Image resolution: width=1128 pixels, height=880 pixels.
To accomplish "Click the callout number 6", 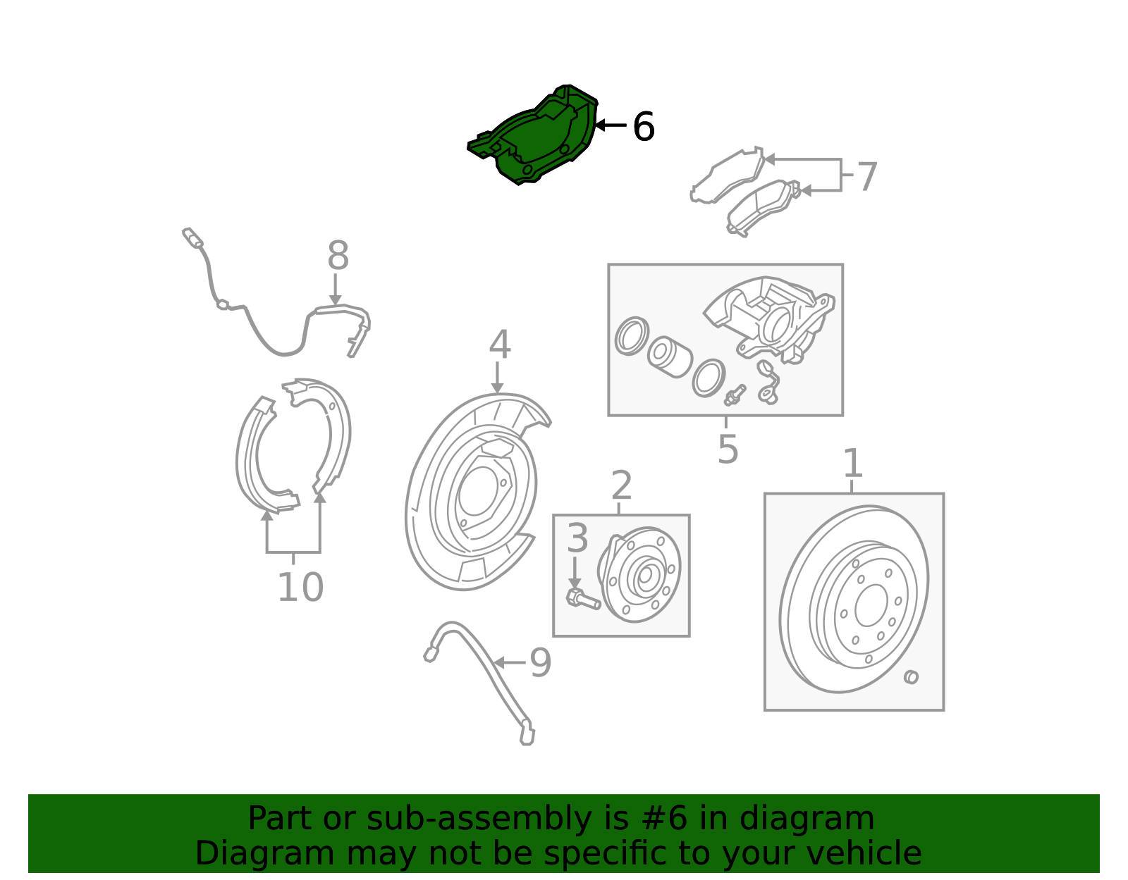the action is click(x=644, y=127).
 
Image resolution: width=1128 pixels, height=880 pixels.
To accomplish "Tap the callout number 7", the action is click(x=866, y=176).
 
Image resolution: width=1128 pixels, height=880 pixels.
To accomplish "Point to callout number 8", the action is click(x=338, y=255).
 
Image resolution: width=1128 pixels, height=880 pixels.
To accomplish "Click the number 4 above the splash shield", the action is click(x=499, y=345).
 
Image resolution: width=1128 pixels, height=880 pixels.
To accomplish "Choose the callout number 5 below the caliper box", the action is click(x=728, y=449).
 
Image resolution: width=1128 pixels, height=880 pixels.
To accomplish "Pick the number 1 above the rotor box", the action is click(x=853, y=463).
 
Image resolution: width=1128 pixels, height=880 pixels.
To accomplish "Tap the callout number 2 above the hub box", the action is click(x=621, y=485).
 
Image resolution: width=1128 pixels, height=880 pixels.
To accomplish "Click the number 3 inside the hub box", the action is click(x=577, y=538).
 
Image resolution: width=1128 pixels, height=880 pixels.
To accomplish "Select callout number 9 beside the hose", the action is click(x=540, y=663).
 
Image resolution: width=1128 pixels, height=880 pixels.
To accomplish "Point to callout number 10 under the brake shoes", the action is click(x=300, y=588).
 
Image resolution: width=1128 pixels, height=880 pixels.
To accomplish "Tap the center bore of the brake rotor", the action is click(x=871, y=605).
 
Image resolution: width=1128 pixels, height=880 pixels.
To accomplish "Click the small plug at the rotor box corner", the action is click(x=911, y=676).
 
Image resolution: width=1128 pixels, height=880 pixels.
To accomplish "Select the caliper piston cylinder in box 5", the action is click(x=670, y=357).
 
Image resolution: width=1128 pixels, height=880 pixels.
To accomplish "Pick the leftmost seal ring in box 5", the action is click(x=631, y=336).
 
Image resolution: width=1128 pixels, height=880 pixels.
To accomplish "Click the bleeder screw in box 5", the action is click(x=735, y=395).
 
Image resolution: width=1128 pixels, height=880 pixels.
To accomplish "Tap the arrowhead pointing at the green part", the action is click(x=601, y=125).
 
